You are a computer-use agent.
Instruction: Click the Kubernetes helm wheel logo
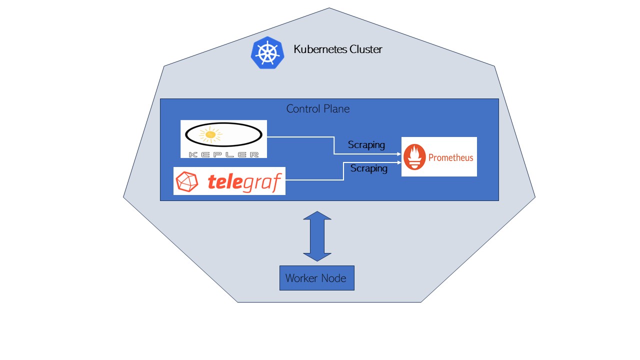[267, 52]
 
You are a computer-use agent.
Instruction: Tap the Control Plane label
[317, 108]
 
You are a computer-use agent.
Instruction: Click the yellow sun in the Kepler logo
[210, 134]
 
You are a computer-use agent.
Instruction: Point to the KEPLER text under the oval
[223, 154]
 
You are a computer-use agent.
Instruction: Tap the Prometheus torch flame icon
[414, 157]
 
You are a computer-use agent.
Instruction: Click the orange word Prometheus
[450, 157]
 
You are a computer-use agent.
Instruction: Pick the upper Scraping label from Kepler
[366, 145]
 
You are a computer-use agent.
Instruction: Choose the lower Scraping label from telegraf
[369, 168]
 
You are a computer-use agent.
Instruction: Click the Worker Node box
[316, 278]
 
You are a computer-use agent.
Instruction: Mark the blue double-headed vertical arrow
[317, 236]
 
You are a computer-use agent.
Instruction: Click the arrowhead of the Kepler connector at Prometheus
[399, 154]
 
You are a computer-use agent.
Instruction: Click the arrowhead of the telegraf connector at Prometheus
[399, 162]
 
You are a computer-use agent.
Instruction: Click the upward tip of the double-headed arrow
[317, 212]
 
